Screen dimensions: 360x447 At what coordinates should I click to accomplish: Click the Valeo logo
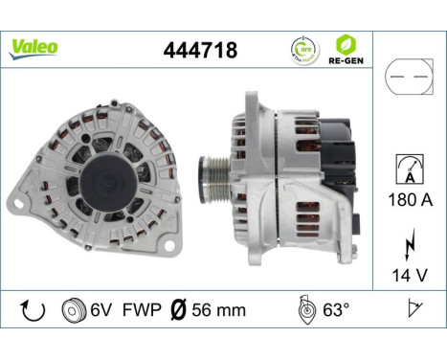34,47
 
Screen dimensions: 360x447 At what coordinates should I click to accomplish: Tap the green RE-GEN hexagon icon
345,43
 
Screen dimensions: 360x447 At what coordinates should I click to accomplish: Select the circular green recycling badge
302,49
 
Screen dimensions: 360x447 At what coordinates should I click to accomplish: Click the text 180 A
409,202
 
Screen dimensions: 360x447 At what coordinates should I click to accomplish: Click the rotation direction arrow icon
32,309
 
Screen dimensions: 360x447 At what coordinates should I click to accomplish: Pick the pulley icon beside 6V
72,309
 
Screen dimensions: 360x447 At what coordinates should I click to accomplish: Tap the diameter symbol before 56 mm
177,309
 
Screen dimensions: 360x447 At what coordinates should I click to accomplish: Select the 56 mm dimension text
217,309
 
